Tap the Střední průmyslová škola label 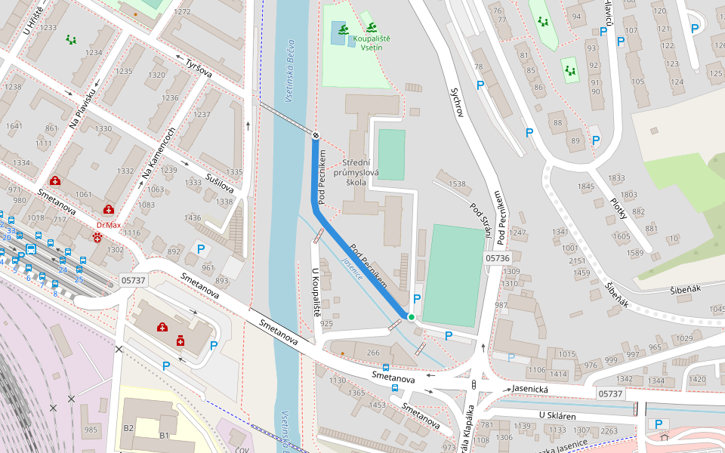[x=366, y=172]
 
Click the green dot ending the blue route [x=411, y=317]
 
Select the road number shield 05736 [x=497, y=257]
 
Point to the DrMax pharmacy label [x=109, y=225]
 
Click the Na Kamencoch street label [x=159, y=153]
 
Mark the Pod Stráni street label [x=481, y=219]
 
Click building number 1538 [x=457, y=183]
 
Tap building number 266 [x=373, y=352]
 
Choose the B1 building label [x=164, y=436]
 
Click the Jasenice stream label [x=352, y=269]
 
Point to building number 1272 [x=182, y=12]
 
